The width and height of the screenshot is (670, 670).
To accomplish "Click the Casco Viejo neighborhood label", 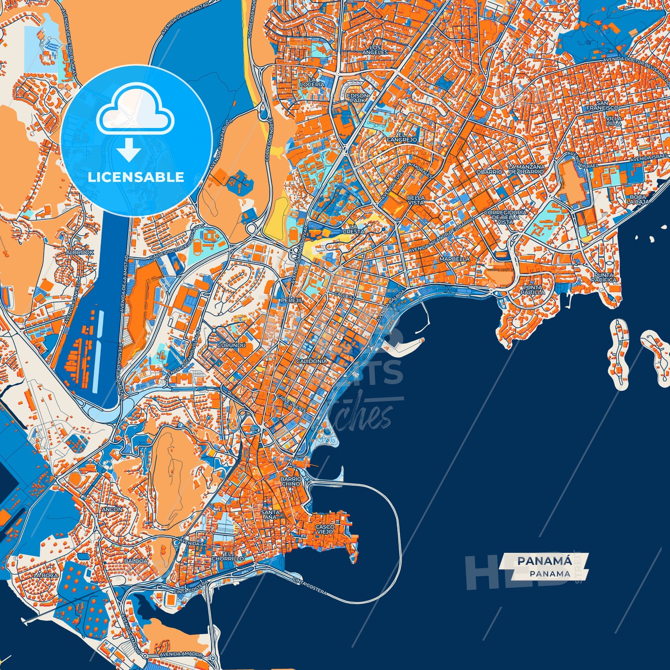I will point(325,529).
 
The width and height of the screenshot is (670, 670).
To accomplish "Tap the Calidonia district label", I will point(311,361).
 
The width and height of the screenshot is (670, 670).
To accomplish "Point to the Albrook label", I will point(80,252).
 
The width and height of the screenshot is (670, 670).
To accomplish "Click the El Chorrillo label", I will point(227,556).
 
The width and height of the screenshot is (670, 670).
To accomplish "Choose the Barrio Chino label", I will point(291,481).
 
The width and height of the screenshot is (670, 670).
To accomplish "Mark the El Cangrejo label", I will point(402,137).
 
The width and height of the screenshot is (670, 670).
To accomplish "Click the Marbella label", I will point(454,259).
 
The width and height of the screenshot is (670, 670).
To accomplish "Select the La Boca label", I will point(45,575).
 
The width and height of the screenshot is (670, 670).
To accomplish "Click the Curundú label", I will point(231,345).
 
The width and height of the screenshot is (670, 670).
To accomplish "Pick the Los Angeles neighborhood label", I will point(375,50).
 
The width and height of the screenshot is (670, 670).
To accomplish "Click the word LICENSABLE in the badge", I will point(136,177).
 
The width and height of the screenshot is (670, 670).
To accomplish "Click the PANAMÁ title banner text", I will point(544,561).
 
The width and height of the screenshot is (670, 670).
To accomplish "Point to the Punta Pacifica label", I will point(604,277).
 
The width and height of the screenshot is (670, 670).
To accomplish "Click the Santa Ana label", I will point(270,514).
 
